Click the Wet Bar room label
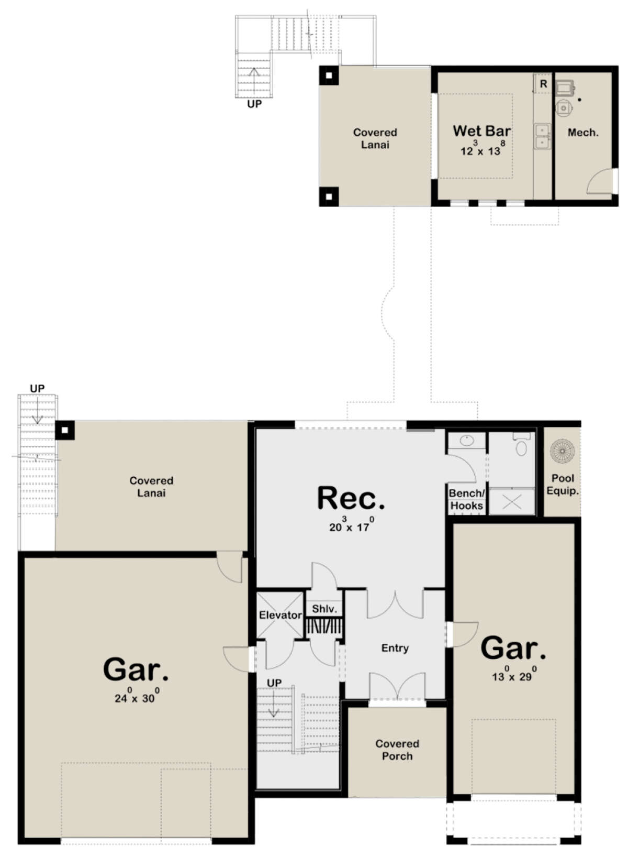[481, 131]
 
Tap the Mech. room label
[582, 133]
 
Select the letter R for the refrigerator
[543, 84]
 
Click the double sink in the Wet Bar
[542, 137]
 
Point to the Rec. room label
[351, 498]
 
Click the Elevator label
[280, 615]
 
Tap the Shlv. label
[324, 609]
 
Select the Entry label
[395, 648]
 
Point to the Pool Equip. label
[562, 485]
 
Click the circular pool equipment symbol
[562, 451]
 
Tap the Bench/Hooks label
[466, 499]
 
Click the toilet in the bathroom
[521, 444]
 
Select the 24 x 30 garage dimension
[137, 697]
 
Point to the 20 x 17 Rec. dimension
[351, 526]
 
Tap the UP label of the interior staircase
[274, 683]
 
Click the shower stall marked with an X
[512, 501]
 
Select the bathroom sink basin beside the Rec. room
[466, 441]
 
